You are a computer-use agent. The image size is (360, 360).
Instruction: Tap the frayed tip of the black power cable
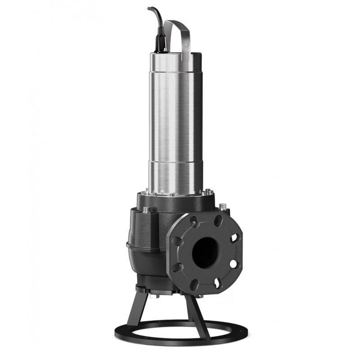[149, 8]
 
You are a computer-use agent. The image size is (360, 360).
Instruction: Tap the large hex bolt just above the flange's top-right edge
[222, 207]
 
